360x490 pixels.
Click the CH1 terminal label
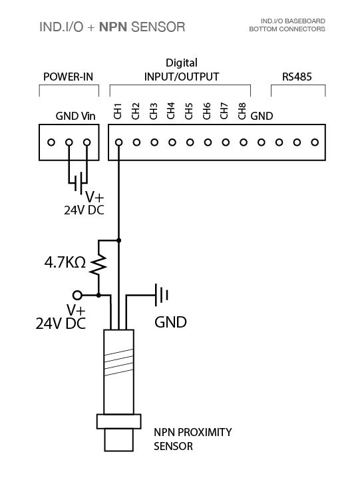118,111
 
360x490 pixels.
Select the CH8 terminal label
242,111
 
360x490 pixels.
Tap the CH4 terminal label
171,111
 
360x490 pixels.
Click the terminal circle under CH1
118,142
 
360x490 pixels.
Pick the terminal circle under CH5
190,142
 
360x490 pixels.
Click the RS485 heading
297,77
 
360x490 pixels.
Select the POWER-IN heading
68,77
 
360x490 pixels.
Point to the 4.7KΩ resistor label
65,262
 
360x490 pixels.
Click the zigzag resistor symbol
98,265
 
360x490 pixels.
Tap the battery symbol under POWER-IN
78,181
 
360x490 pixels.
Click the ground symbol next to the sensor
162,295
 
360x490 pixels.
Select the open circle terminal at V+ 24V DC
77,295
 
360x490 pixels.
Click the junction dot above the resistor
118,240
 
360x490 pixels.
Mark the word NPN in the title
113,27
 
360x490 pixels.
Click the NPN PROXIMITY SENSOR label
193,439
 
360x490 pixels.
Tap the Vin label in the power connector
89,116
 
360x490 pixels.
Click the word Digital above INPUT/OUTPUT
182,63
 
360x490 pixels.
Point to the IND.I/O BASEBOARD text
293,21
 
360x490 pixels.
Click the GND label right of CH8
262,116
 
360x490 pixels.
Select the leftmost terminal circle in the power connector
51,142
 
